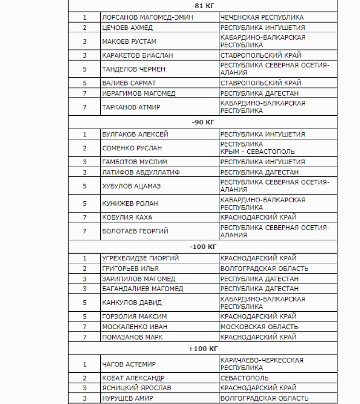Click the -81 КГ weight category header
pos(203,6)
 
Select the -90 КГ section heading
pos(203,122)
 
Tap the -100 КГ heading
pos(203,246)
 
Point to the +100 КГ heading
pos(203,348)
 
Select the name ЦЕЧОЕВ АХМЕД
pos(127,27)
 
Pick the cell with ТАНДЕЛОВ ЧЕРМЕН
pos(133,69)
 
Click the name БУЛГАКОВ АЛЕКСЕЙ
pos(135,134)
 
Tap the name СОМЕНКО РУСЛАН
pos(132,148)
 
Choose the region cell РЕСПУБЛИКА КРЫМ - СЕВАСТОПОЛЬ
pos(257,148)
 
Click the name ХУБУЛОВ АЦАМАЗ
pos(132,185)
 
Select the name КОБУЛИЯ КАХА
pos(127,217)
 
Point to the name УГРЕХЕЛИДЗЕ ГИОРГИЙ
pos(140,258)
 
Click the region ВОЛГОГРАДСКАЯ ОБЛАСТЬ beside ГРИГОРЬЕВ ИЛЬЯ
pos(264,269)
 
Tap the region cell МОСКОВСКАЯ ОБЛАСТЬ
pos(259,327)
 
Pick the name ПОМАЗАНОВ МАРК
pos(132,337)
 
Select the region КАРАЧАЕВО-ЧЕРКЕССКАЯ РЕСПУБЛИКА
pos(262,364)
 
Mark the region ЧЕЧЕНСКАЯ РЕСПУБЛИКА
pos(262,17)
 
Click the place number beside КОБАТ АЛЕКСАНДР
pos(84,378)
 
